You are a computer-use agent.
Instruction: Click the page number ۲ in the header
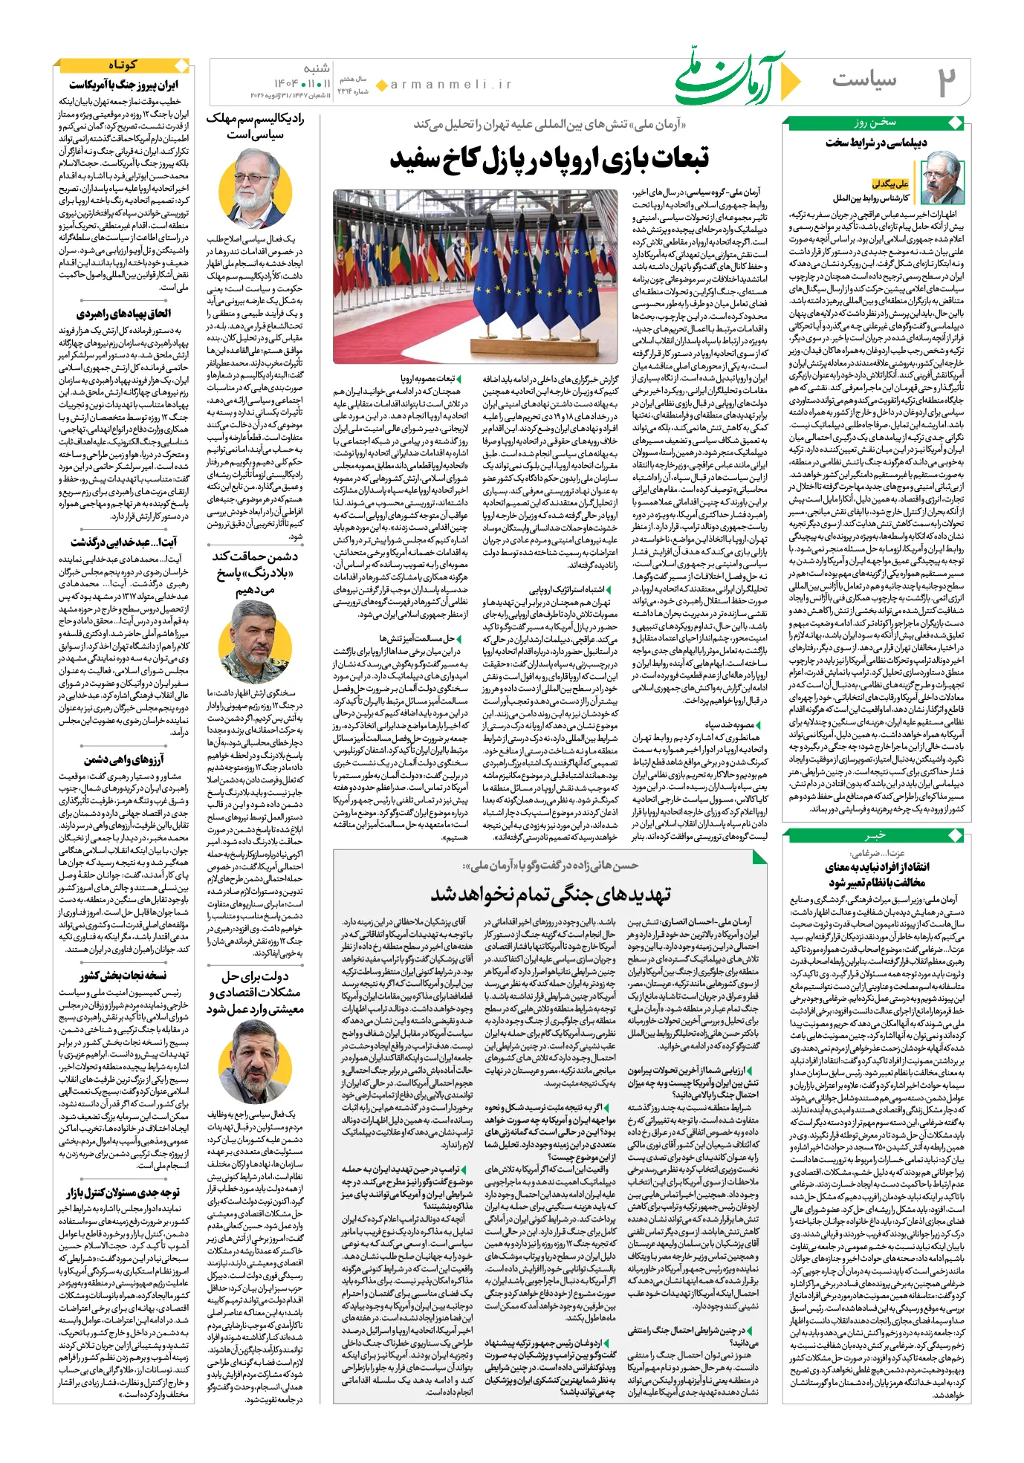tap(944, 81)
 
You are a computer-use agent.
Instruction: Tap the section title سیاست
tap(863, 80)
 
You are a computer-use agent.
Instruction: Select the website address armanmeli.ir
tap(451, 85)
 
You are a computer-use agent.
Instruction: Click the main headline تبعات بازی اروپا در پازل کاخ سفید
tap(549, 158)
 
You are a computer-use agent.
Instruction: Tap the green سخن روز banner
tap(875, 123)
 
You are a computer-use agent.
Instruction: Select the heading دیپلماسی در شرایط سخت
tap(875, 143)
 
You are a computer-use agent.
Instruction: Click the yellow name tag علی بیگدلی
tap(890, 184)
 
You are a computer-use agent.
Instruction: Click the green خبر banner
tap(875, 835)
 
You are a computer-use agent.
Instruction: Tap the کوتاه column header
tap(123, 65)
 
